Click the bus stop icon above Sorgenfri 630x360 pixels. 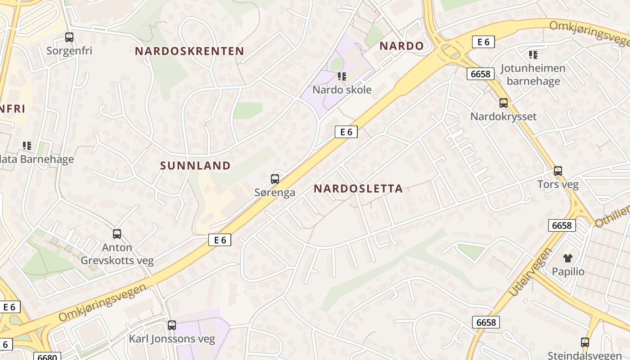pos(69,37)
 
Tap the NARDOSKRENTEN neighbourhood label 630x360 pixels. pos(189,51)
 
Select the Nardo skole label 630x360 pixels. pos(342,90)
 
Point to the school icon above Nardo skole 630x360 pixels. pos(342,76)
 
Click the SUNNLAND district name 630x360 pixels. pos(195,166)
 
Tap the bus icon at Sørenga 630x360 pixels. pos(275,179)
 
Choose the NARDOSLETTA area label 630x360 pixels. pos(358,189)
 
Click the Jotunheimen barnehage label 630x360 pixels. pos(533,75)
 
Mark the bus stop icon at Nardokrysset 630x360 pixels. pos(504,103)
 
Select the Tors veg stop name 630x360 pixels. pos(558,184)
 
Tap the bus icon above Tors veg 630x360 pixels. pos(558,171)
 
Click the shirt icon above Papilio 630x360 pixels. pos(568,258)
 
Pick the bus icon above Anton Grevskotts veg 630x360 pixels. pos(117,234)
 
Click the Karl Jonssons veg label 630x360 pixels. pos(172,339)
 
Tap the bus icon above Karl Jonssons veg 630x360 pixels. pos(172,325)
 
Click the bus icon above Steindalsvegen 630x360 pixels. pos(585,342)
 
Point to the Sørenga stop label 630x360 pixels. pos(275,193)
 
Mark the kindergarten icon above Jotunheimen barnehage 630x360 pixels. pos(533,55)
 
